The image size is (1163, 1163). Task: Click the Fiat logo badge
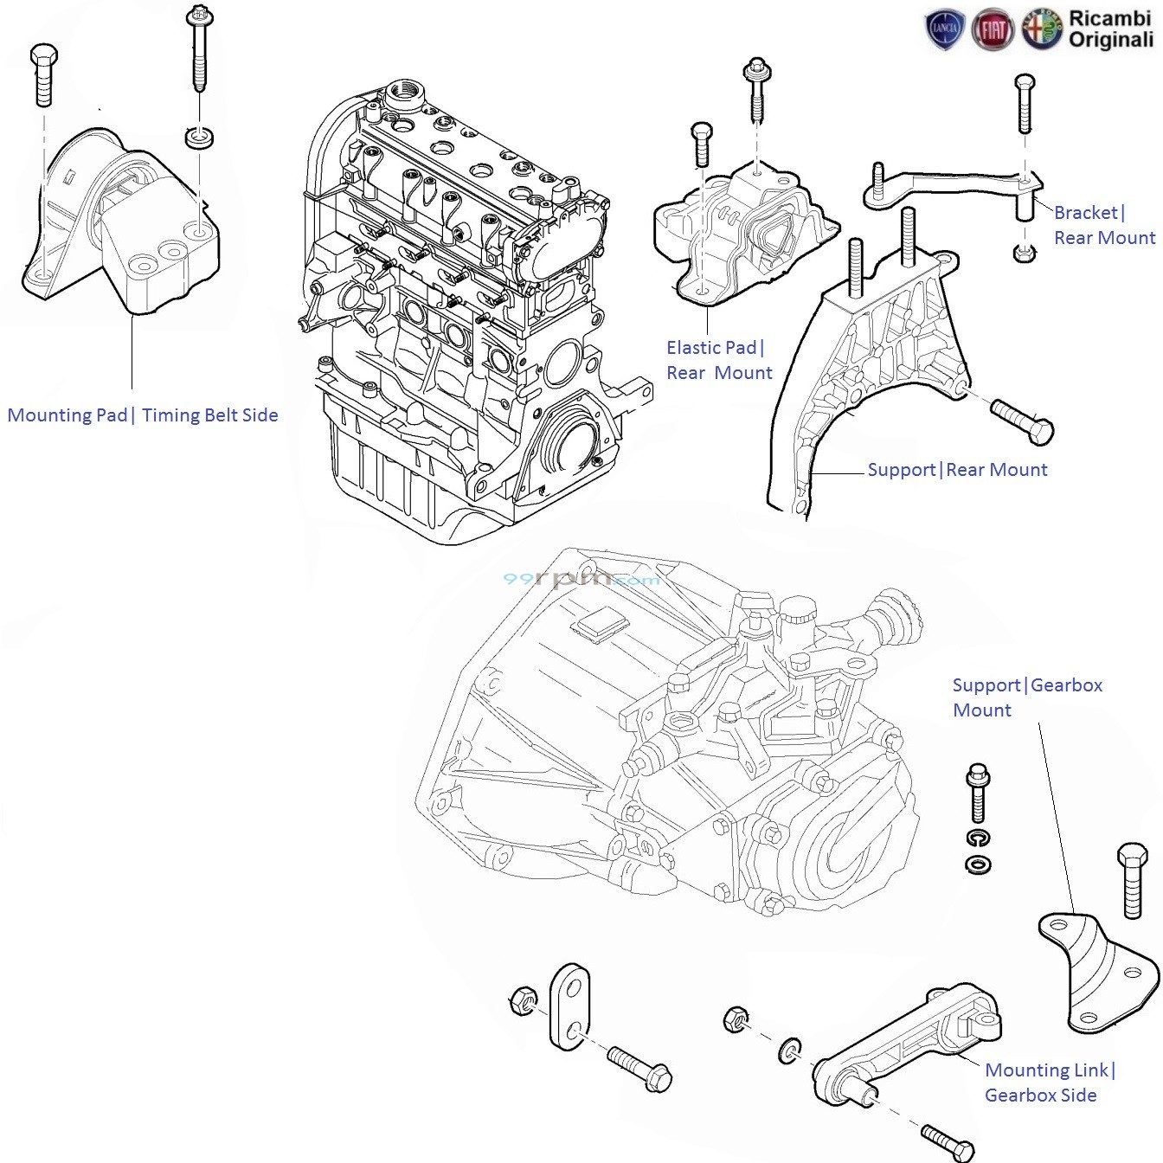(993, 30)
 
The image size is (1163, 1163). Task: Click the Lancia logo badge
(945, 29)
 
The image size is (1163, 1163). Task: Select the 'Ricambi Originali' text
(1110, 29)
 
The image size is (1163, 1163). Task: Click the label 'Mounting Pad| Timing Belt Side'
(143, 415)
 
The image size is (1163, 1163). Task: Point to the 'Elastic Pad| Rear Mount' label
(718, 360)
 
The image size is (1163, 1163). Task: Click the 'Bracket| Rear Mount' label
(1103, 225)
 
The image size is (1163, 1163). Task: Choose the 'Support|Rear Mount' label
(957, 470)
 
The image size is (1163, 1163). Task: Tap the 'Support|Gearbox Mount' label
(1026, 697)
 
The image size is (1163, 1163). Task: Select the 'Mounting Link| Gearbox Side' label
(1049, 1083)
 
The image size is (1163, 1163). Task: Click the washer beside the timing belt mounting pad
(201, 138)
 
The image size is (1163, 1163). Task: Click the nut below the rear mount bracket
(1024, 254)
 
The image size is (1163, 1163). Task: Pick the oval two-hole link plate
(570, 1006)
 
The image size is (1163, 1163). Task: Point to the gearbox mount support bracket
(1097, 970)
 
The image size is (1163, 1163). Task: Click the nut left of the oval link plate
(523, 1000)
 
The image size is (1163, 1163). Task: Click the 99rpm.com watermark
(581, 579)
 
